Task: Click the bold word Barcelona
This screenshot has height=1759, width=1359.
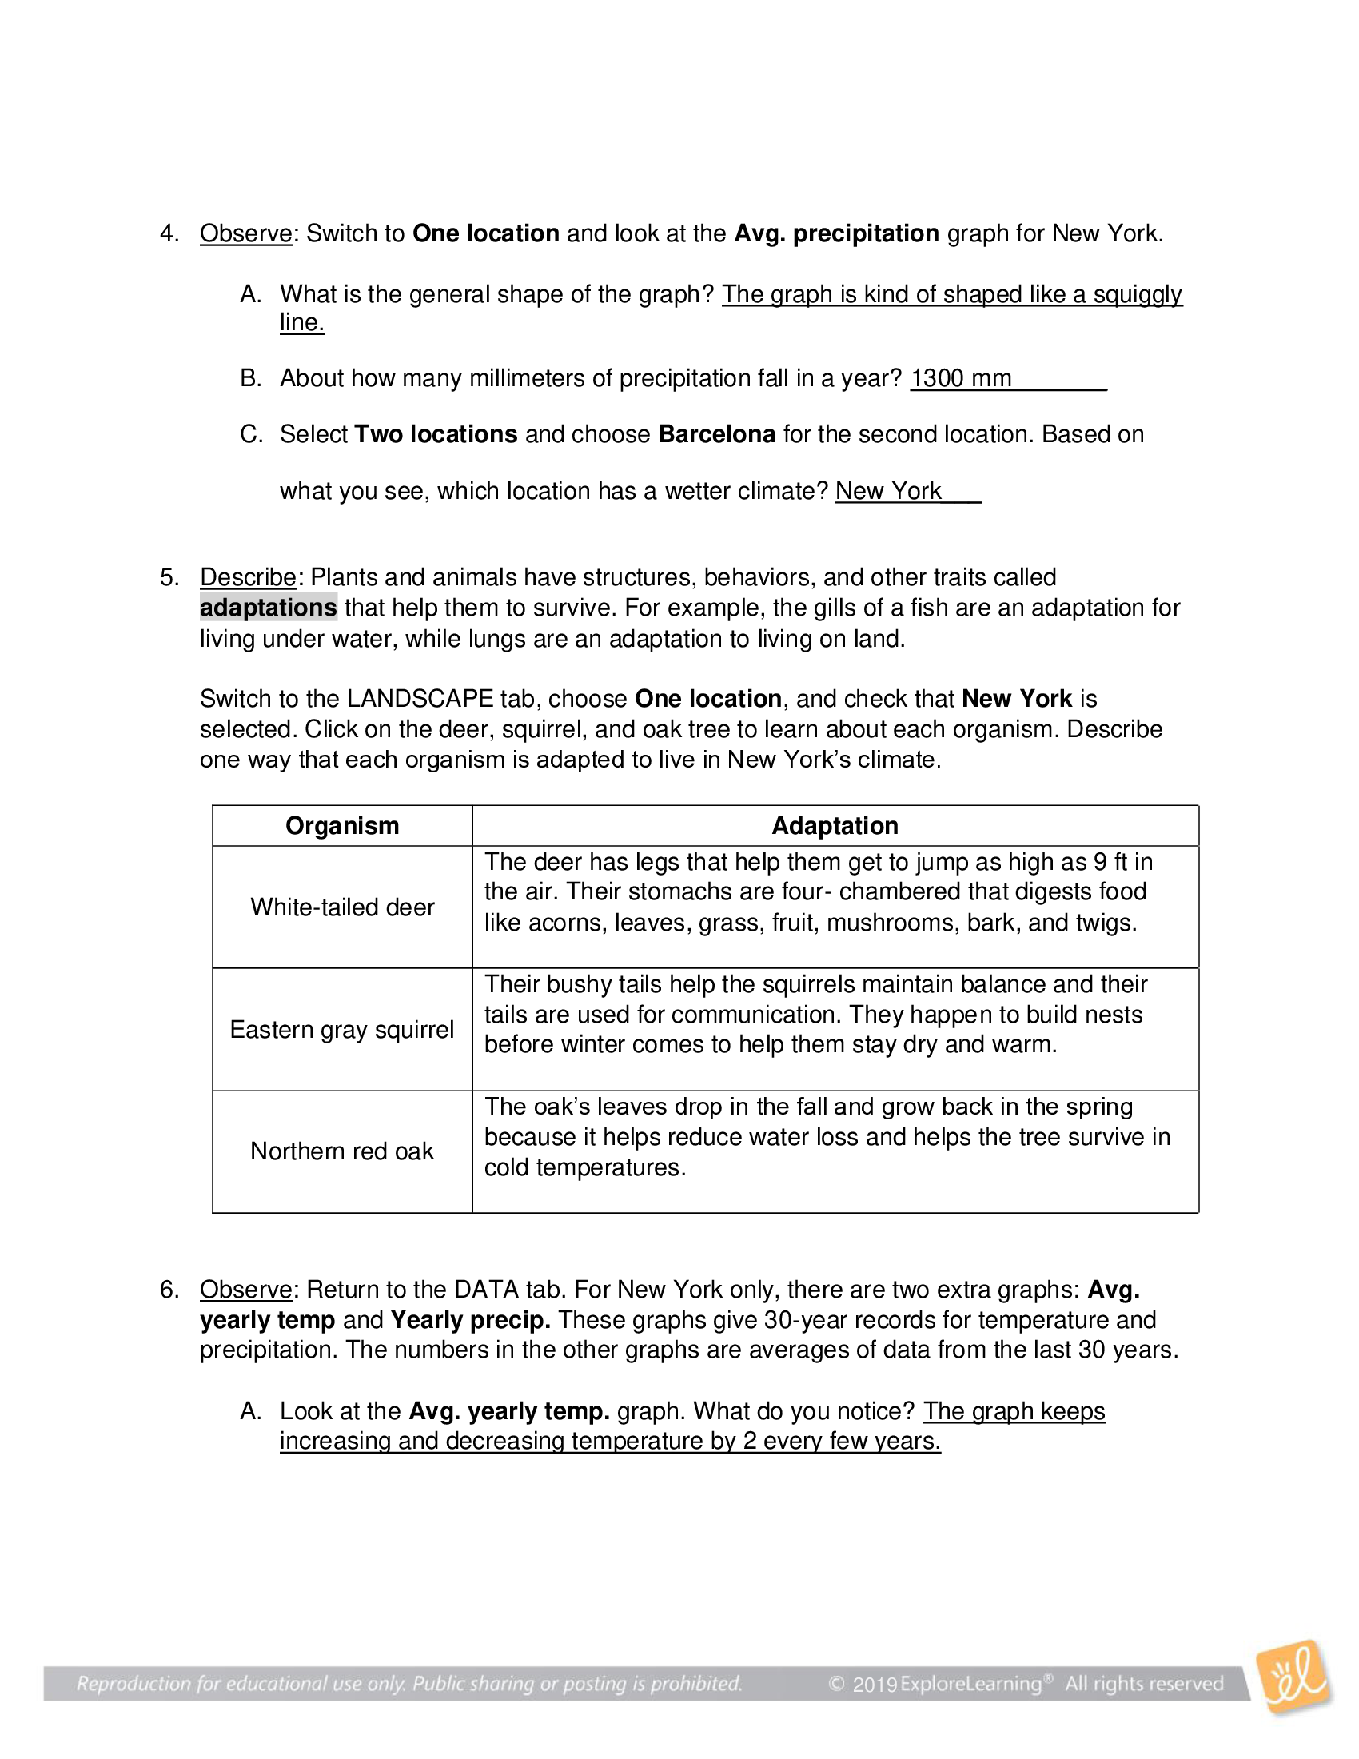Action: pos(715,434)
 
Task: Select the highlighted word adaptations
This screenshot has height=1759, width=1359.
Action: pos(268,608)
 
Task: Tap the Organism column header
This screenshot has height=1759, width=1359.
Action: pos(342,826)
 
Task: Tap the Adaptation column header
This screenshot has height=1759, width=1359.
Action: pos(834,826)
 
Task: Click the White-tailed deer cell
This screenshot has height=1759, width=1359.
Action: pos(342,907)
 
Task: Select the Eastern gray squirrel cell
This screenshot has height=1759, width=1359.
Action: pos(342,1029)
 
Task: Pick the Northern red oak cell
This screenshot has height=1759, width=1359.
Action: pos(342,1151)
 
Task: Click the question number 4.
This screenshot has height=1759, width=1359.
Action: pos(168,233)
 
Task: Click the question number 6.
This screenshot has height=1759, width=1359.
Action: pos(168,1290)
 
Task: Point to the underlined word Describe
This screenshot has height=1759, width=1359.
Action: pos(248,577)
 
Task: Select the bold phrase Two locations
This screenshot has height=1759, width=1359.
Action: pos(436,434)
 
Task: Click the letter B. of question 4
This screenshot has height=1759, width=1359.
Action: pos(250,377)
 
